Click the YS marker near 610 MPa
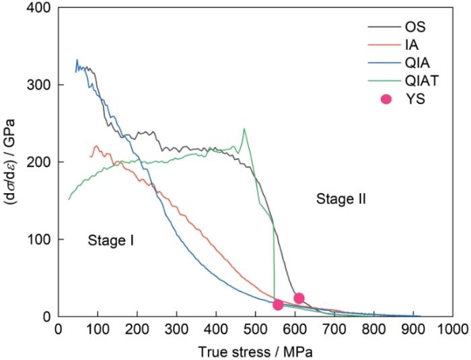click(x=299, y=298)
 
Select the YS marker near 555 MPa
click(x=277, y=305)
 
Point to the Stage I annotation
click(x=111, y=240)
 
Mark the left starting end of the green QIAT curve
click(x=69, y=199)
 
